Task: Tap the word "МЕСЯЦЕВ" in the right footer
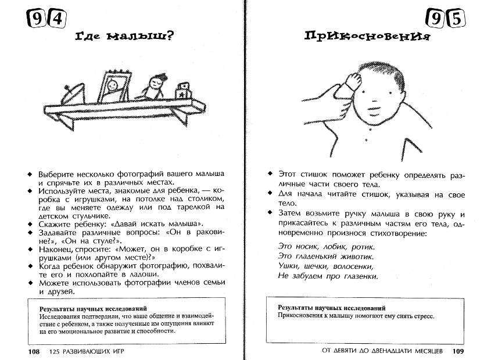coord(424,351)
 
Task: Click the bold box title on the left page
coord(92,308)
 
